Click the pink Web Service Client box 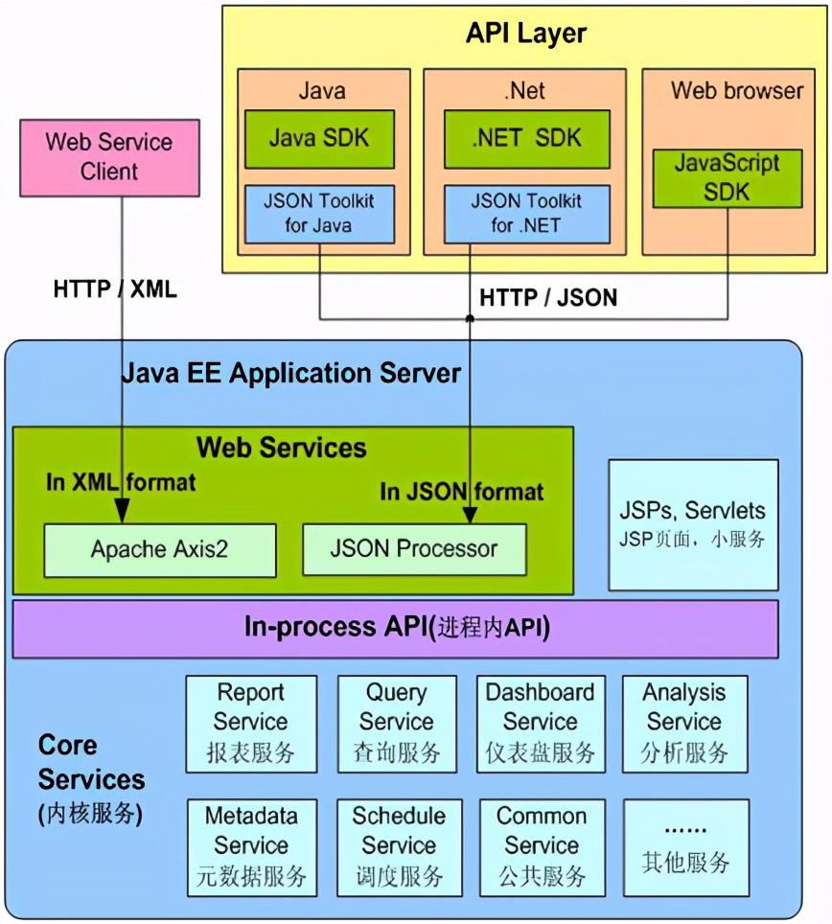[110, 157]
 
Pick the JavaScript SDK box [727, 177]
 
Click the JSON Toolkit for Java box [318, 213]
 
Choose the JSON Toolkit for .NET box [527, 213]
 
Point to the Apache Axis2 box [159, 549]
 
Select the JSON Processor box [414, 549]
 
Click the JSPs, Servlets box [693, 523]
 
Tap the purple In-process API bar [395, 629]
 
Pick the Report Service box [251, 723]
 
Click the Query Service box [397, 723]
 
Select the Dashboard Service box [541, 723]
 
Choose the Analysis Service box [684, 723]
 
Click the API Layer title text [526, 35]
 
